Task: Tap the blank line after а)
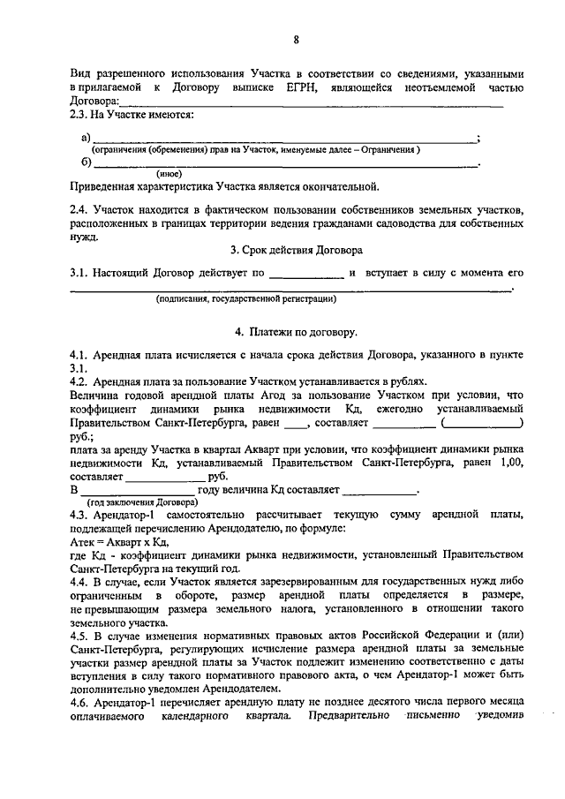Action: (x=282, y=139)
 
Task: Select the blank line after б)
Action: (x=282, y=163)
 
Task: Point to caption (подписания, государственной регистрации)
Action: (x=246, y=299)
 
